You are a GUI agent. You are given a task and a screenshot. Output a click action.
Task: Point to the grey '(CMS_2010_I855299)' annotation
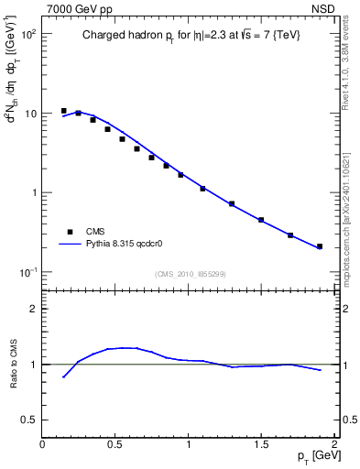point(190,274)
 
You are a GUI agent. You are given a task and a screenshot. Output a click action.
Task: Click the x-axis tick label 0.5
point(115,443)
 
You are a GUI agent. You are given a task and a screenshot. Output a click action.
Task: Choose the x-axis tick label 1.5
point(261,443)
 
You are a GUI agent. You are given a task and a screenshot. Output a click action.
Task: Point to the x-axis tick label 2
point(334,443)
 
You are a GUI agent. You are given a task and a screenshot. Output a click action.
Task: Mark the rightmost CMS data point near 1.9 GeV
point(320,246)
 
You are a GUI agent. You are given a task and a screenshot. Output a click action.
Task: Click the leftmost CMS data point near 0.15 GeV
point(64,111)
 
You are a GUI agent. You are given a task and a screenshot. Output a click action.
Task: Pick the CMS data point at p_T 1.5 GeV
point(261,220)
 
